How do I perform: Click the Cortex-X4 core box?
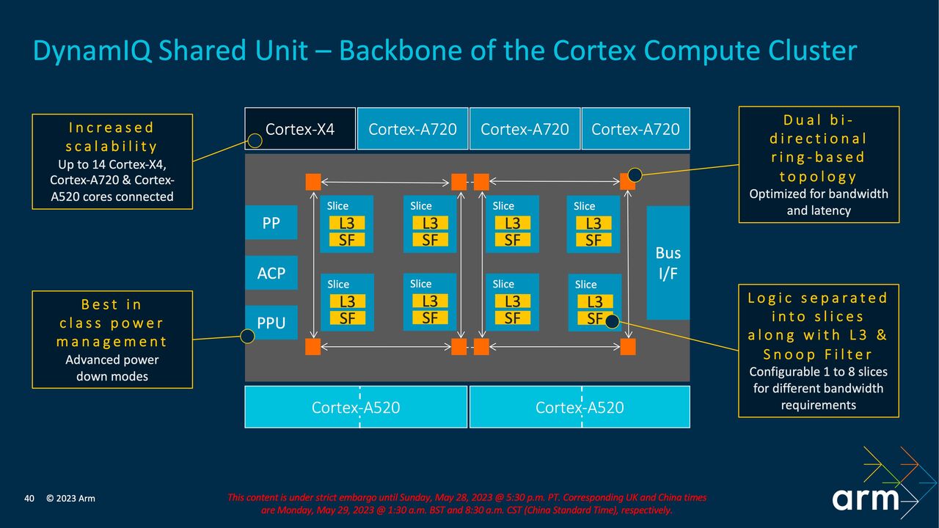coord(300,129)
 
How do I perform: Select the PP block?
coord(271,223)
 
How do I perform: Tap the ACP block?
coord(271,273)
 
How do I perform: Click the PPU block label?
coord(271,323)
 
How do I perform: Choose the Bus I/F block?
coord(668,263)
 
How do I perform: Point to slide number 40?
coord(29,499)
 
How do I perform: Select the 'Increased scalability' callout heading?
coord(112,137)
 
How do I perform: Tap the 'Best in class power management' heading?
coord(112,323)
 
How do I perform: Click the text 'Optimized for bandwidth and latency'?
coord(818,202)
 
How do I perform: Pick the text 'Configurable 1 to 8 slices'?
coord(818,372)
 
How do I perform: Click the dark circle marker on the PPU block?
coord(247,336)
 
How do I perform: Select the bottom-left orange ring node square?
coord(313,346)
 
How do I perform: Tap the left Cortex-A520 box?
coord(356,407)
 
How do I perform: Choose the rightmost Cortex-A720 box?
coord(635,129)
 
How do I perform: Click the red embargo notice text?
coord(467,504)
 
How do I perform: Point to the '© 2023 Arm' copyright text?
coord(70,499)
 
